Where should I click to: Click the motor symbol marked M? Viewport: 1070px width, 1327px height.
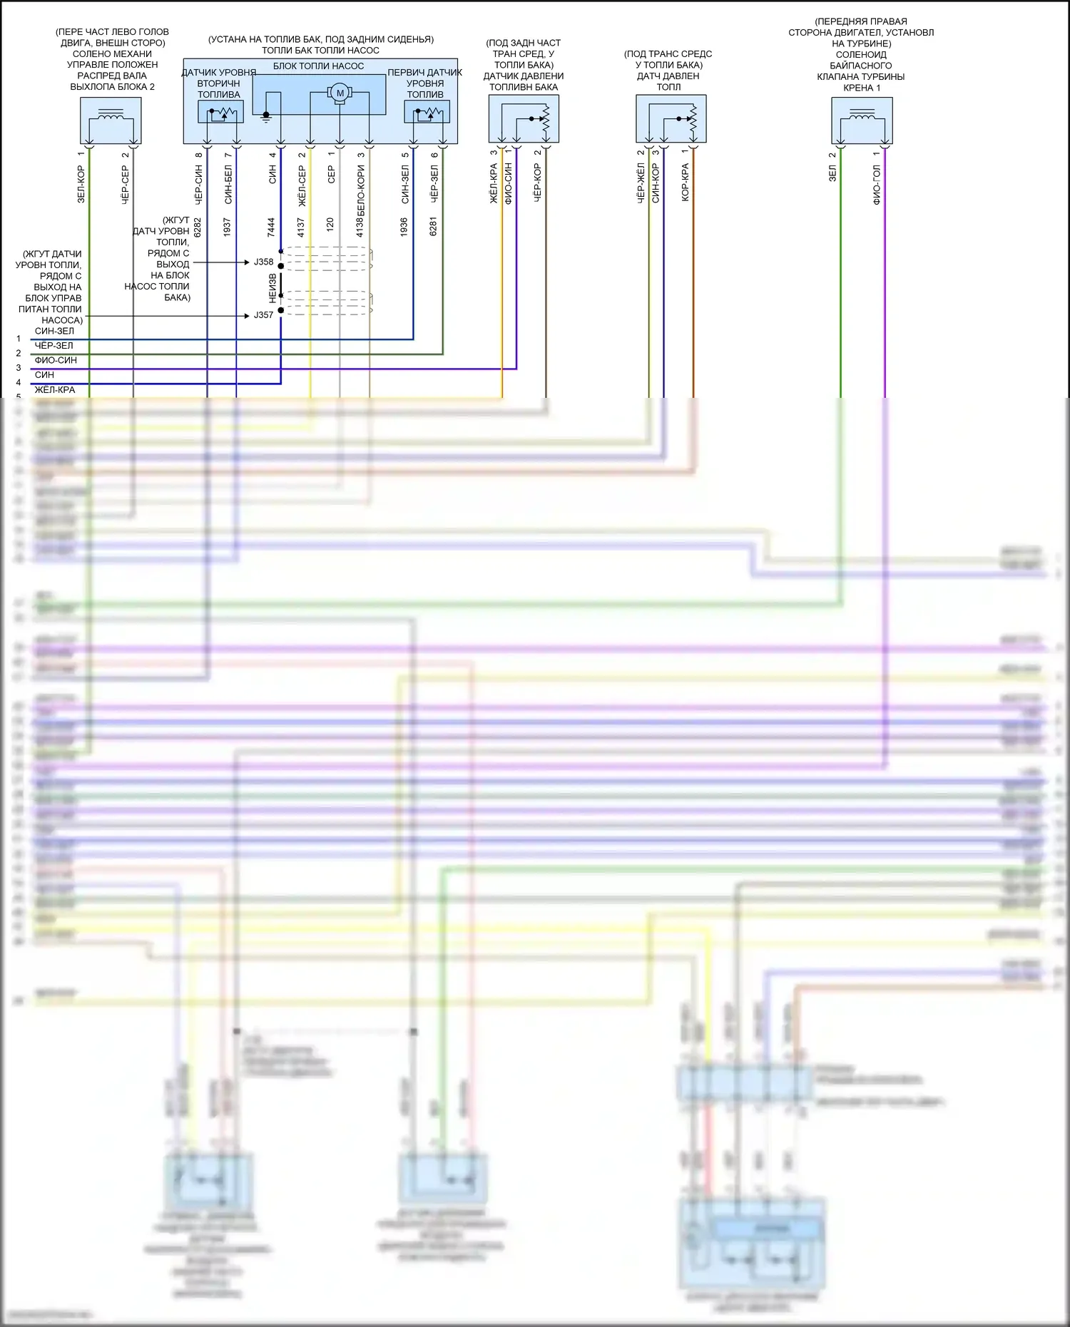point(340,93)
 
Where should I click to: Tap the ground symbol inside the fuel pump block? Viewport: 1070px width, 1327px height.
point(266,116)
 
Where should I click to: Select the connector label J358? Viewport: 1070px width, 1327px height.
point(263,262)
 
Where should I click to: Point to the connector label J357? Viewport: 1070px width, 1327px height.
point(263,314)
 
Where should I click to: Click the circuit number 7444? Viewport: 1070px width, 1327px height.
point(272,227)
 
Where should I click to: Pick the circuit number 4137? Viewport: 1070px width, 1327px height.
point(301,227)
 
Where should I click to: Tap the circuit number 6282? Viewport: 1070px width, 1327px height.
point(198,227)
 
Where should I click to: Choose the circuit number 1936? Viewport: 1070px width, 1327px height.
point(404,227)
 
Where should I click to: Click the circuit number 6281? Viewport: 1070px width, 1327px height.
point(434,227)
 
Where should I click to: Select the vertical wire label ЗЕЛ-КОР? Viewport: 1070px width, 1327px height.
point(81,185)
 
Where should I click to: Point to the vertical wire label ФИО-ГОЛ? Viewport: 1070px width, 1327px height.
point(877,185)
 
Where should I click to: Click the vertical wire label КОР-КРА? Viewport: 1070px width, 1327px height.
point(686,183)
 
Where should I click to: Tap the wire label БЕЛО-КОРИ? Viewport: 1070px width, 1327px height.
point(361,190)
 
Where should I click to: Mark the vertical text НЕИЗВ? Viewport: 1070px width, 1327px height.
point(272,288)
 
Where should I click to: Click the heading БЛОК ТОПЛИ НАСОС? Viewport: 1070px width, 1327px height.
point(318,66)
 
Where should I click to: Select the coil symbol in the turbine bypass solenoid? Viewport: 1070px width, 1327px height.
point(862,114)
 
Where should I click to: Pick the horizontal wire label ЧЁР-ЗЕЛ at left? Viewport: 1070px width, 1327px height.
point(53,346)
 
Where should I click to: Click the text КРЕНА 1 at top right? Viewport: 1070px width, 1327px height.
point(861,88)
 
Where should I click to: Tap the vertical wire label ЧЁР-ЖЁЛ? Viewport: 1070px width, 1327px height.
point(641,183)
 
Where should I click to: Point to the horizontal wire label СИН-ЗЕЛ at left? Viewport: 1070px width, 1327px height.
point(54,331)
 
